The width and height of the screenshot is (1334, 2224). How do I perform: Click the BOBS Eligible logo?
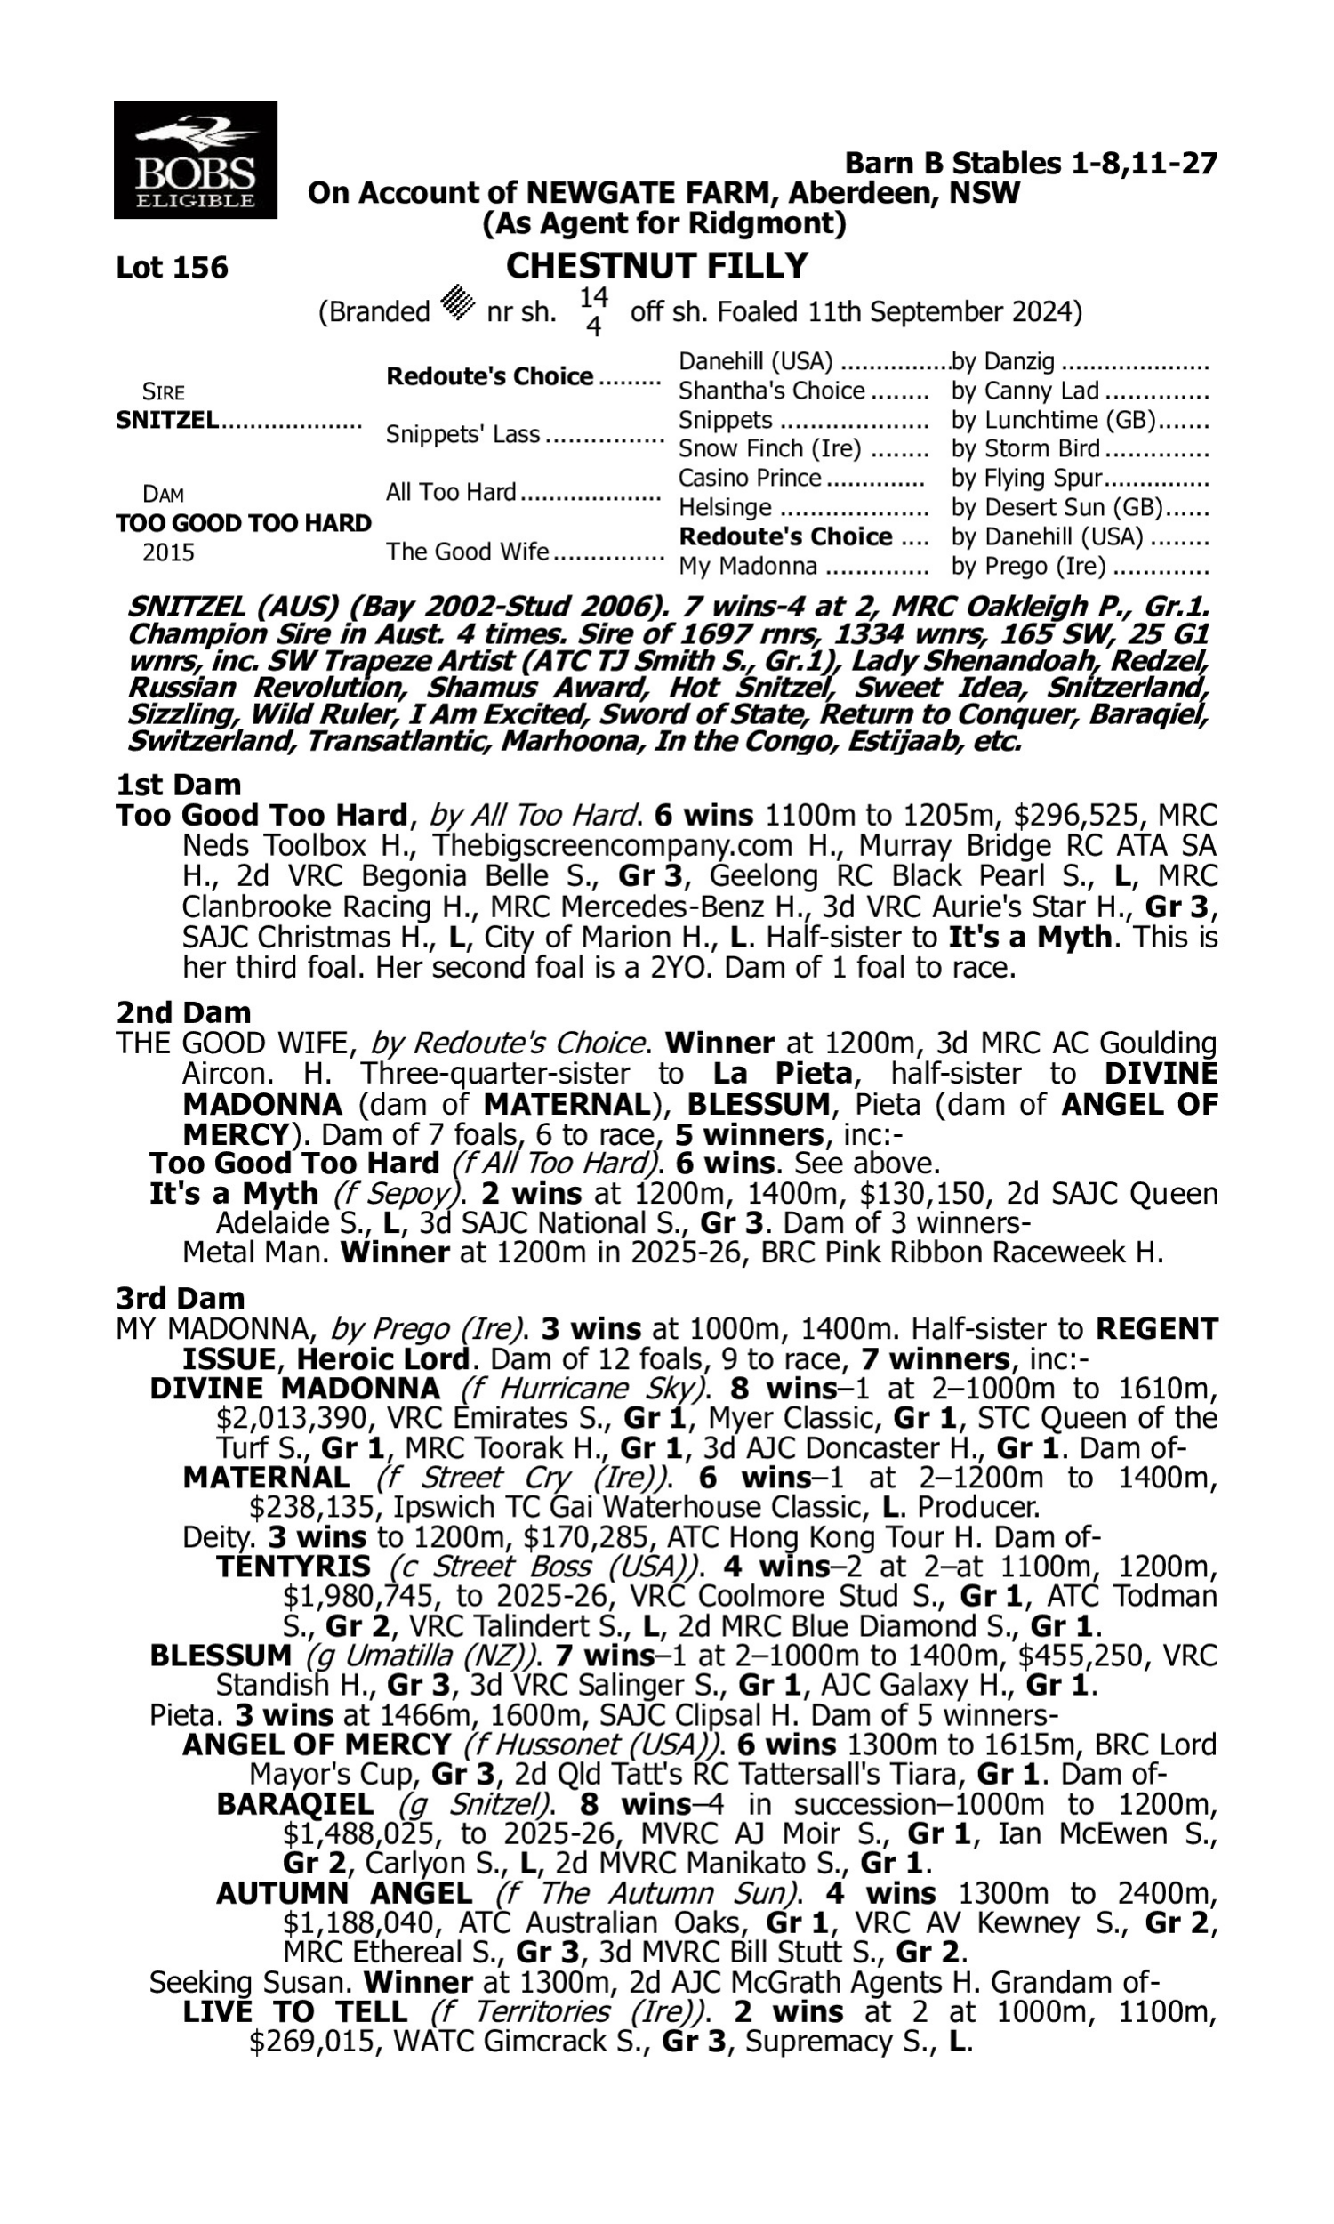point(195,160)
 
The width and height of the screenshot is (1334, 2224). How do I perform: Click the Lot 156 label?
point(172,268)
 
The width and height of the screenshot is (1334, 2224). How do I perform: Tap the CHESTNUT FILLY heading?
point(657,266)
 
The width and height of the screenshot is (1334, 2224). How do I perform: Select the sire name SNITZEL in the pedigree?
point(167,420)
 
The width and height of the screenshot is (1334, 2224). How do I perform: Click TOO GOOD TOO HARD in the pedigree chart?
point(244,523)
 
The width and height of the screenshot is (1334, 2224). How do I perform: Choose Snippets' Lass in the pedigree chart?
point(463,434)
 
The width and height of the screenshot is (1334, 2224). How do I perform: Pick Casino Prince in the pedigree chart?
point(750,478)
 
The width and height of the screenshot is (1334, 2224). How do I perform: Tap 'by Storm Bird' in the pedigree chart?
point(1025,448)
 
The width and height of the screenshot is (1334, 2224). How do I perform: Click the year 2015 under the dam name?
point(168,552)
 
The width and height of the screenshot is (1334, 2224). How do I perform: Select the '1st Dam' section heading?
point(179,785)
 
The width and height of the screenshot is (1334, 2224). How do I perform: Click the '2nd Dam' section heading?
point(182,1012)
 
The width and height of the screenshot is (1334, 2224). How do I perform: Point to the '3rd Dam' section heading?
point(181,1298)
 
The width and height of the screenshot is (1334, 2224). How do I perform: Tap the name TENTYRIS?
point(294,1567)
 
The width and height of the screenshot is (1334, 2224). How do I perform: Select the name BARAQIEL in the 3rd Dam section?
point(295,1804)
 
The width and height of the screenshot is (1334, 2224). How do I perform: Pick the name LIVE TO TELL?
point(295,2012)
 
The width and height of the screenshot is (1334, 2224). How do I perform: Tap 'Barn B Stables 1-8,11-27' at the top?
point(1031,164)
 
